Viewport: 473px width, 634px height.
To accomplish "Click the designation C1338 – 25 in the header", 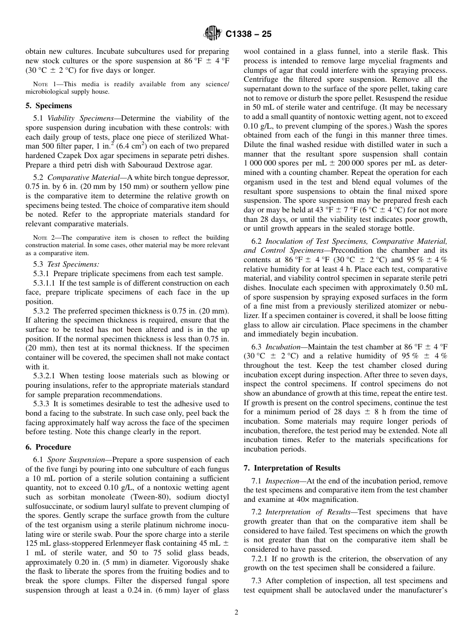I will [x=248, y=34].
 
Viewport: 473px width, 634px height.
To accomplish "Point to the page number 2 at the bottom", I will [x=236, y=613].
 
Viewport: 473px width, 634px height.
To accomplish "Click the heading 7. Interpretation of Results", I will [x=292, y=468].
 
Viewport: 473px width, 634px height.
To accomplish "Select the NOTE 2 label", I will [x=43, y=238].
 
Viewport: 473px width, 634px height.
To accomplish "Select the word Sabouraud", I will [x=146, y=165].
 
